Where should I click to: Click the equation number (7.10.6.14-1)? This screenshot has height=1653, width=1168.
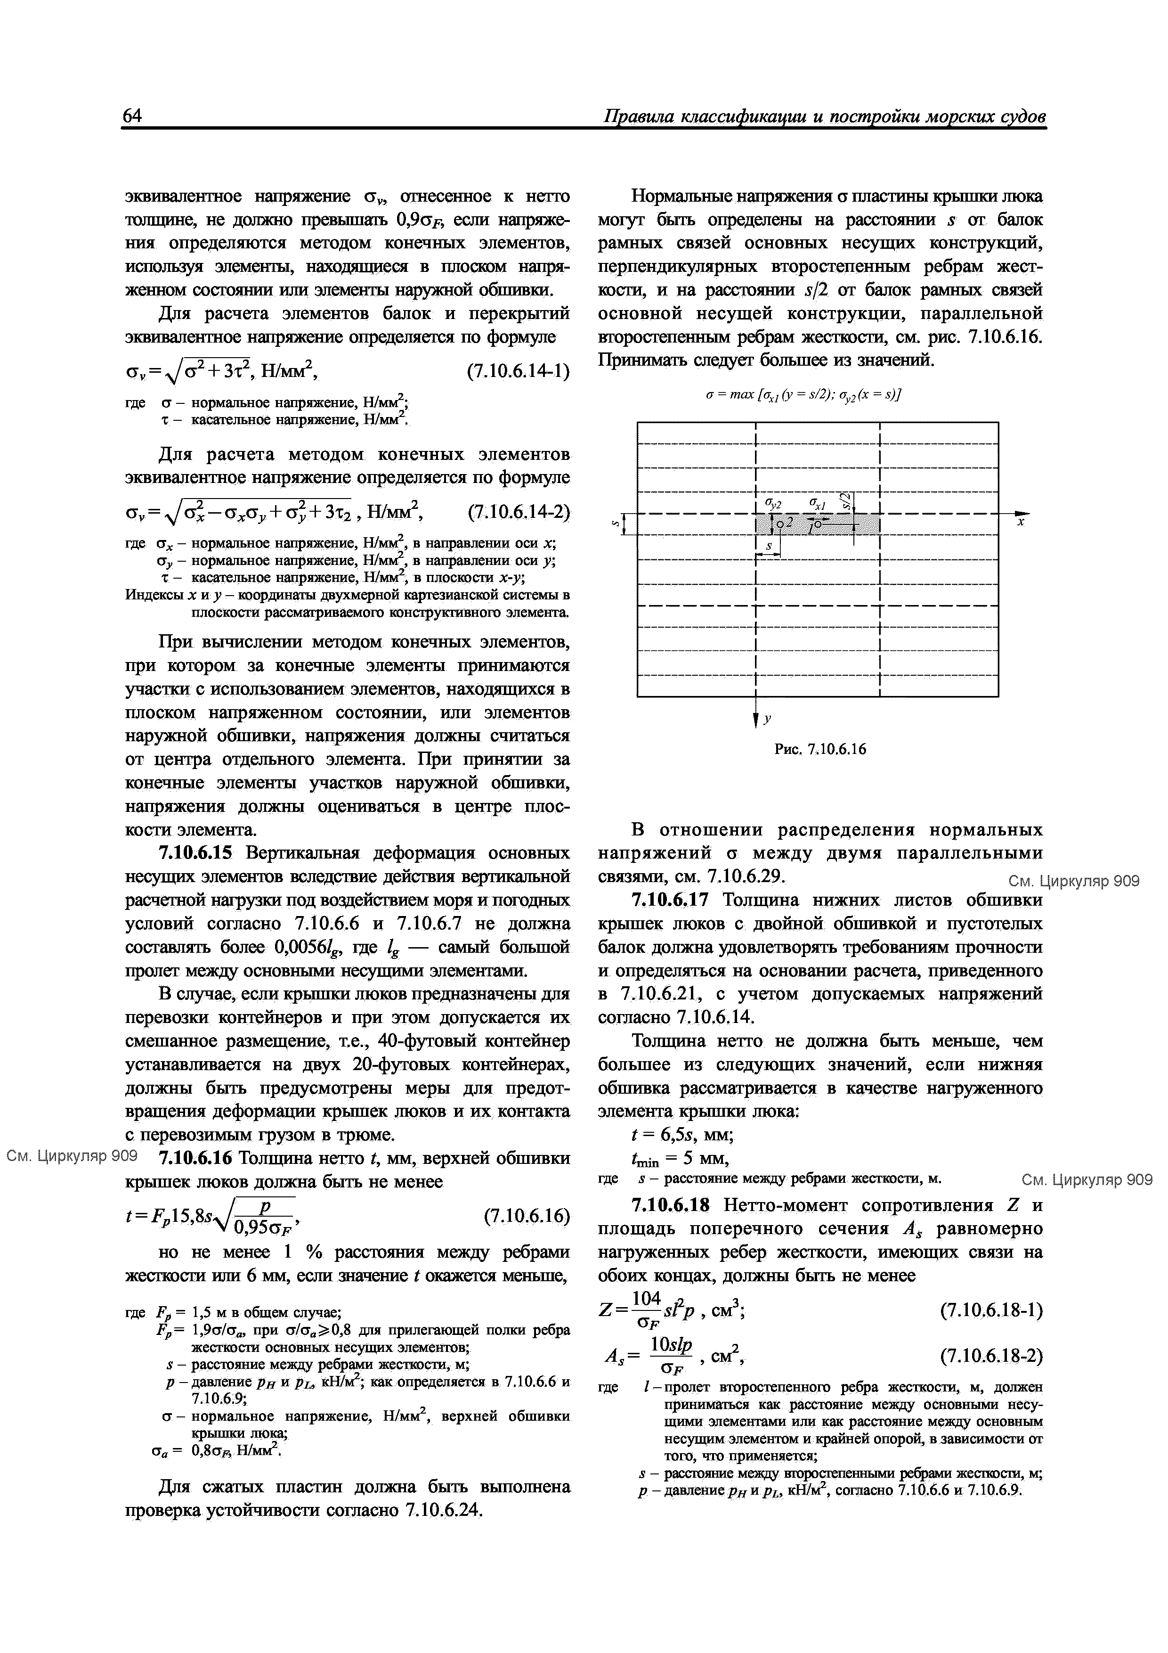click(518, 371)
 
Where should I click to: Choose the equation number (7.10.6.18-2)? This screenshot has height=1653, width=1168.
click(991, 1357)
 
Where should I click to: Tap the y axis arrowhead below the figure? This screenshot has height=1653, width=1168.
click(755, 719)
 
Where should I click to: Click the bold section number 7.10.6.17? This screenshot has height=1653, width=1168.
click(671, 900)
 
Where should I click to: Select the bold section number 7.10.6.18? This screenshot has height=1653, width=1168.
click(671, 1204)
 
